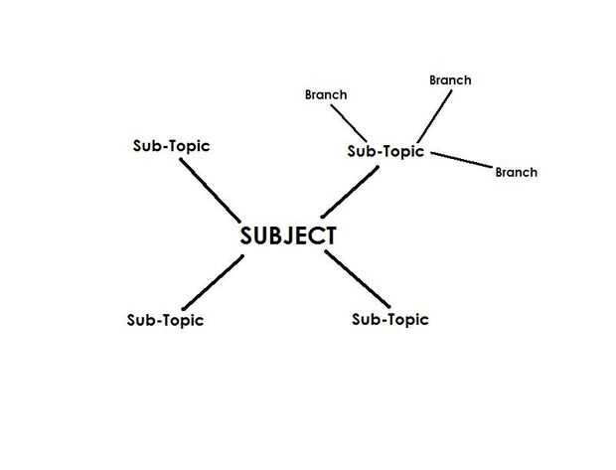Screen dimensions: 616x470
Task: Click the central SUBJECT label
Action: coord(288,236)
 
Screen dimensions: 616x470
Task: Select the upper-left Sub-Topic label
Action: coord(171,146)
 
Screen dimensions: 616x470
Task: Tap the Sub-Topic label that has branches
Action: coord(386,152)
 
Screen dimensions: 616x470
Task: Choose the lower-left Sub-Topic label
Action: coord(165,320)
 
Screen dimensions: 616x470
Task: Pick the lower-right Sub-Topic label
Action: coord(390,319)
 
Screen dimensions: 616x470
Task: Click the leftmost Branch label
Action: coord(326,94)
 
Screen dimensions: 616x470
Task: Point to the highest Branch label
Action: coord(450,79)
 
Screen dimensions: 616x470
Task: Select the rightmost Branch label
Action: coord(516,172)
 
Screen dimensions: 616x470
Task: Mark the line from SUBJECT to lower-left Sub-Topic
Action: coord(212,281)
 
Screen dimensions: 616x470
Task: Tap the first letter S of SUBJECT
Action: coord(247,236)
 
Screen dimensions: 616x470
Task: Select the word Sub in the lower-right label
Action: coord(366,319)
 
